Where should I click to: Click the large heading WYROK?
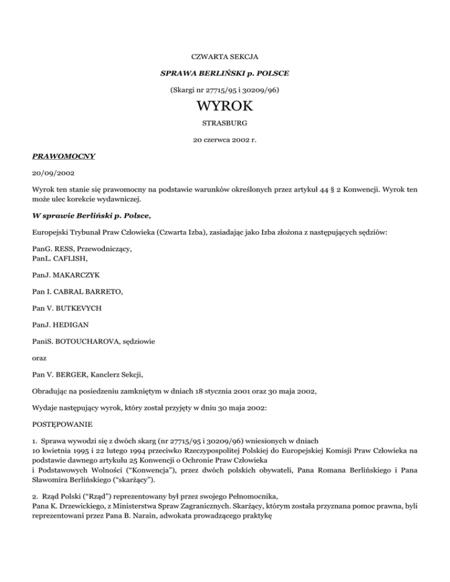point(225,108)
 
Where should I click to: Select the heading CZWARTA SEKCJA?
point(225,57)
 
